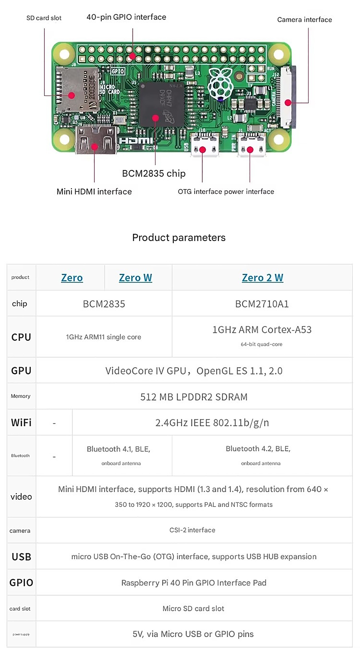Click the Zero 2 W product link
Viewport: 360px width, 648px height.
(262, 278)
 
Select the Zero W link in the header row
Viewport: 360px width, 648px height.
(135, 278)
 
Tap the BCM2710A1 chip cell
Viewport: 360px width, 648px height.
(262, 304)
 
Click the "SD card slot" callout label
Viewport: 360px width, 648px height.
(44, 18)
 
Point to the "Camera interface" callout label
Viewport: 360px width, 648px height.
(304, 20)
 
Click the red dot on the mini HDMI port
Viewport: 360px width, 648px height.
(95, 147)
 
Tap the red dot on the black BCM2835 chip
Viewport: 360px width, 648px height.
(155, 118)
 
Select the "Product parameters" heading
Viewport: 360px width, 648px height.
(179, 237)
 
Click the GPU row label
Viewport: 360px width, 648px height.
(21, 371)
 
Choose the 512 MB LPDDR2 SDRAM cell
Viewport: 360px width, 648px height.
(194, 397)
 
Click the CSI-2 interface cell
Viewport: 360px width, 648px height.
(192, 530)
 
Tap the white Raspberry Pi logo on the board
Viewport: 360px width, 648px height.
(221, 84)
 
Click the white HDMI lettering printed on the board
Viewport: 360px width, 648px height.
(136, 140)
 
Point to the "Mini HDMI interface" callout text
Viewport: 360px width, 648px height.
(94, 192)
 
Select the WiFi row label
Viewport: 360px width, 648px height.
(21, 423)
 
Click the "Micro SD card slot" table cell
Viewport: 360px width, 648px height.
(193, 608)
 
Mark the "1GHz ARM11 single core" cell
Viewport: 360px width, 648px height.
(104, 337)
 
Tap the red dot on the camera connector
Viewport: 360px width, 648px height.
(288, 103)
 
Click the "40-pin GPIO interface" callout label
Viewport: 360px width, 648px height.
(126, 17)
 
